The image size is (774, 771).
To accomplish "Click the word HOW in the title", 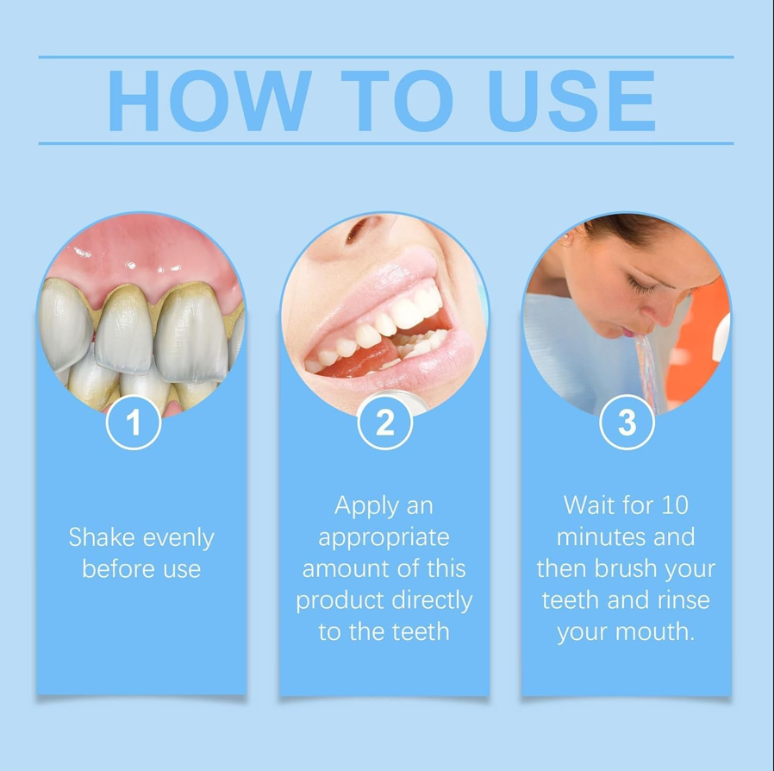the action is tap(209, 101).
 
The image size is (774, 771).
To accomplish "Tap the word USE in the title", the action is tap(571, 101).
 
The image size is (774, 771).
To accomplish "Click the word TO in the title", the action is tap(397, 101).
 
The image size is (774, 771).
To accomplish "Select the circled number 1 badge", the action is tap(134, 423).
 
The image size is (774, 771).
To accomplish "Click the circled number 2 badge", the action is tap(385, 423).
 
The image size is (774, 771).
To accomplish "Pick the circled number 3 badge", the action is tap(627, 423).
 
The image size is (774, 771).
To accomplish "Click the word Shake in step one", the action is tap(102, 537).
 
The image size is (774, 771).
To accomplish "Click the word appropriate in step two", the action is tap(384, 538).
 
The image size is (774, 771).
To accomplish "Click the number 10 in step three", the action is tap(675, 505).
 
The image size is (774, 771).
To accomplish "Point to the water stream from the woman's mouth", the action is tap(646, 372).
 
